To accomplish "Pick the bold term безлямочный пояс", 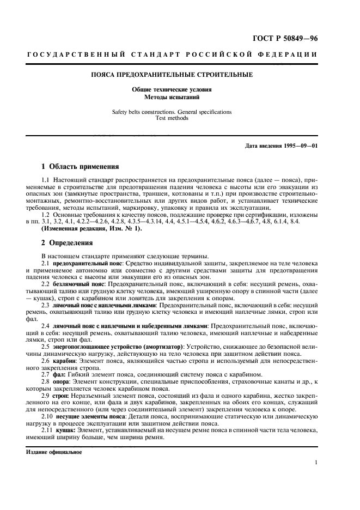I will (x=78, y=284).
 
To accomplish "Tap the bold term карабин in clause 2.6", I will (x=65, y=361).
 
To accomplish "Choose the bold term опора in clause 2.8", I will (x=63, y=382).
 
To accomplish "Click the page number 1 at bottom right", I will (x=316, y=462).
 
